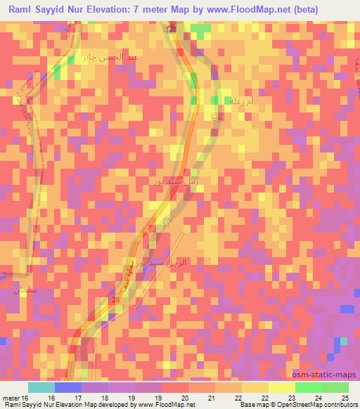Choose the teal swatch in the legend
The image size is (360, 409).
tap(41, 387)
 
